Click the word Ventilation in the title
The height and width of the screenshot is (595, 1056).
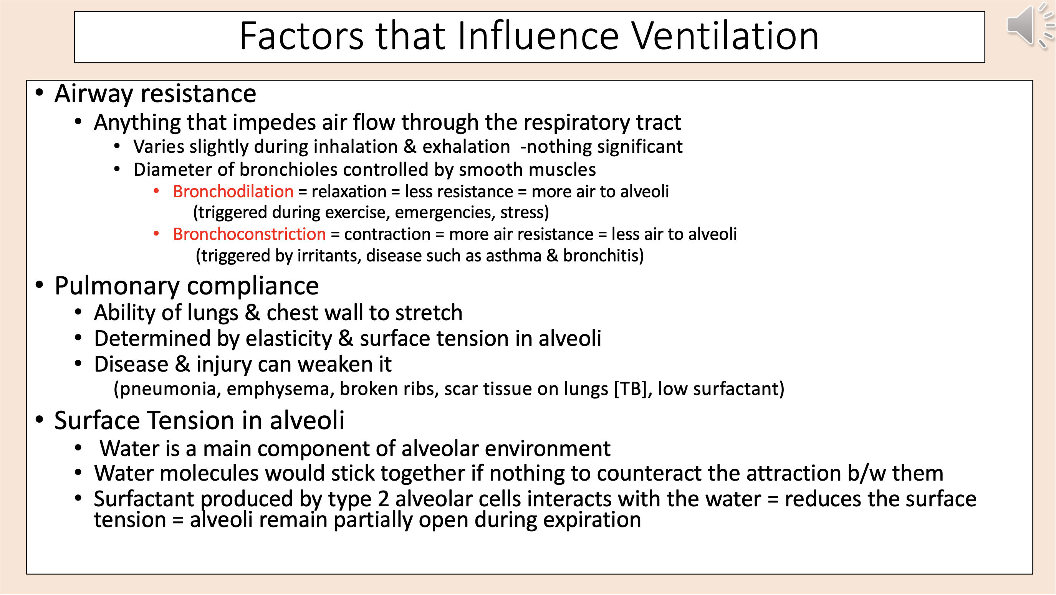[724, 36]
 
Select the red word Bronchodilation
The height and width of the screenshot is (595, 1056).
[233, 192]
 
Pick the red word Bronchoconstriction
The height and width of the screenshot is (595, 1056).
[249, 235]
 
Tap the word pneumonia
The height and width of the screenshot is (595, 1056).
[168, 389]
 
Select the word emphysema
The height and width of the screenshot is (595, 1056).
[278, 389]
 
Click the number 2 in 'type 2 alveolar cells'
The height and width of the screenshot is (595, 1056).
[383, 499]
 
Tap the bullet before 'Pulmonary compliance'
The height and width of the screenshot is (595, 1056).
[39, 285]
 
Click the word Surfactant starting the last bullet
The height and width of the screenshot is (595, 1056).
[144, 499]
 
